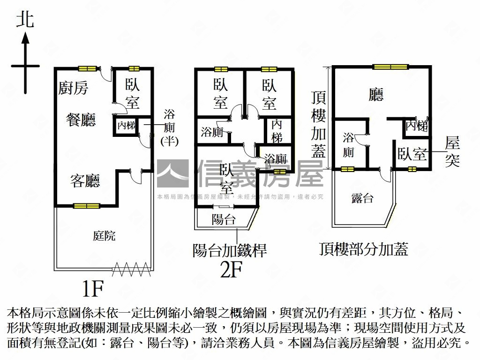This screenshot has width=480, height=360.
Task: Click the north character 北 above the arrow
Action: click(x=25, y=20)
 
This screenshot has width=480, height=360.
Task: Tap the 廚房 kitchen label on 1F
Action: click(x=73, y=88)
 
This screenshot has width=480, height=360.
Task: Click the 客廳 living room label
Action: click(x=85, y=180)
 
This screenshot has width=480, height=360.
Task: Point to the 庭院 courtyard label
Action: click(x=104, y=236)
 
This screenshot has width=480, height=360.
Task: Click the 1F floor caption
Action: click(x=92, y=289)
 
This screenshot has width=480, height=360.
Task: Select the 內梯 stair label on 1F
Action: click(x=126, y=126)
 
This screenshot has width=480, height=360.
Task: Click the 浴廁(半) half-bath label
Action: click(x=169, y=127)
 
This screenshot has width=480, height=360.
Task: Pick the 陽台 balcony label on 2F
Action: click(x=224, y=219)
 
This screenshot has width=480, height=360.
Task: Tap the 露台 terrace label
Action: click(x=362, y=198)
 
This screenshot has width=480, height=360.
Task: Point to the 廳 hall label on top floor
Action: click(x=376, y=96)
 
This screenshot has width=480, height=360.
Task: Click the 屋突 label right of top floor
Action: click(x=452, y=151)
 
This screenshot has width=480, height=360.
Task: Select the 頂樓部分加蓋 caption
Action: click(x=363, y=249)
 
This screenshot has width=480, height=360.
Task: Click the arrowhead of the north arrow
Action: click(x=25, y=37)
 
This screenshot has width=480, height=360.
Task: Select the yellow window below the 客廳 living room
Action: click(x=87, y=205)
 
